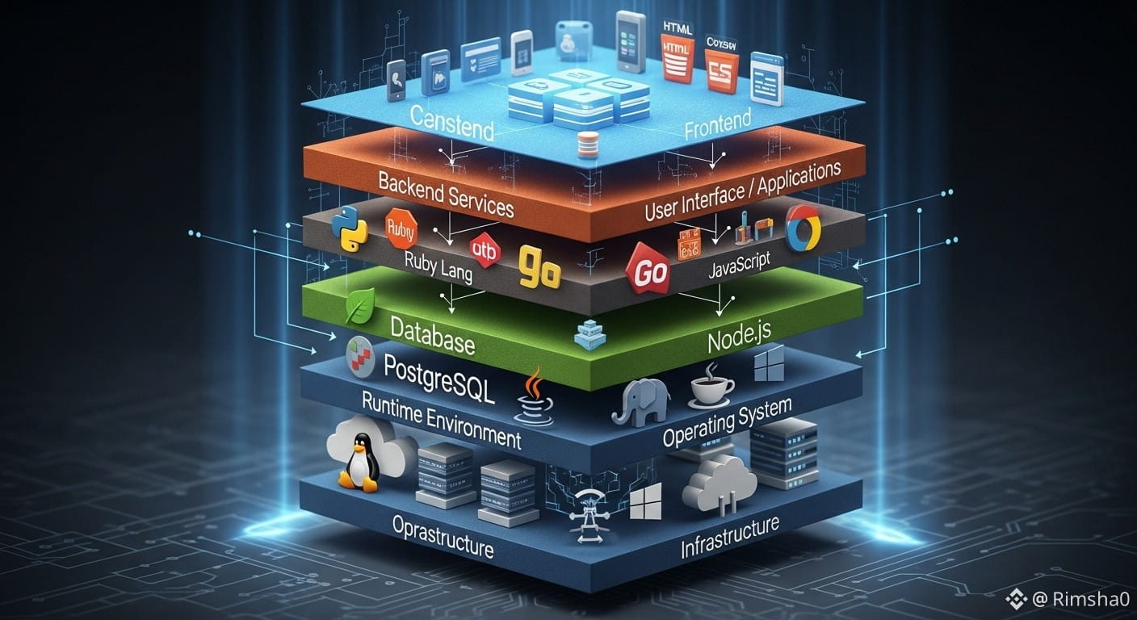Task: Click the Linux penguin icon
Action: coord(358,462)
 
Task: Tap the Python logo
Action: coord(349,229)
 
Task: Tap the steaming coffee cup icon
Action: coord(711,385)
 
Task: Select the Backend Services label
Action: coord(446,194)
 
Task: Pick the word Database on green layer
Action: coord(432,336)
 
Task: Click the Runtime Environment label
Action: coord(441,420)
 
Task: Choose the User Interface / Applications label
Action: coord(742,191)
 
